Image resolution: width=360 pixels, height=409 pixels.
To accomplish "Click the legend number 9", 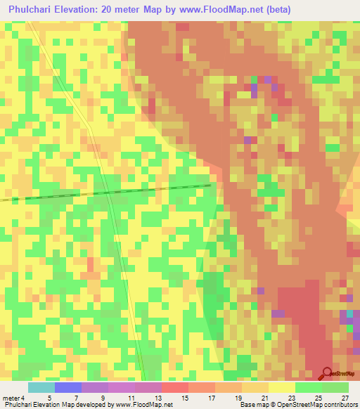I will click(104, 398).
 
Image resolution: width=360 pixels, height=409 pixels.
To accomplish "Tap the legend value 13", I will click(157, 398).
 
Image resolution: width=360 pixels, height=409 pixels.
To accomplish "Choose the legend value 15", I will click(184, 398).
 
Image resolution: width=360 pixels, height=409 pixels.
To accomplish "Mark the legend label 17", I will click(211, 398).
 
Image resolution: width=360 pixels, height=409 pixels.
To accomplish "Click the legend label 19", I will click(238, 398).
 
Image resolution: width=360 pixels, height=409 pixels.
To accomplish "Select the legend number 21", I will click(264, 398).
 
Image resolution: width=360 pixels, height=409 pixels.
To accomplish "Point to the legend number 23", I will click(291, 398).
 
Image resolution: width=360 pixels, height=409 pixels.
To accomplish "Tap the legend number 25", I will click(318, 398).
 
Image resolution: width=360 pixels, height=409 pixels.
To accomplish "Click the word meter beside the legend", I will click(11, 398).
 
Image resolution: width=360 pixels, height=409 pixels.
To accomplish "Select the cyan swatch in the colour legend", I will click(41, 387).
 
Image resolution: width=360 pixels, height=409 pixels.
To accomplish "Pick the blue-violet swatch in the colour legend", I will click(68, 387).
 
